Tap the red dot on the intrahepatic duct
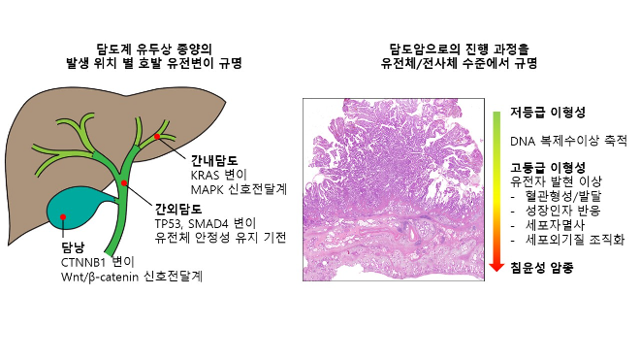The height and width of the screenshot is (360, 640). (x=157, y=140)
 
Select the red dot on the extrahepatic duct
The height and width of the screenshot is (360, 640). (x=123, y=182)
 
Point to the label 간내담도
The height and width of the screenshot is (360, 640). (x=215, y=159)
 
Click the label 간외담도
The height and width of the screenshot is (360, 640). (x=177, y=209)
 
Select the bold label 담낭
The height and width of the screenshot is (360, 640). (x=73, y=247)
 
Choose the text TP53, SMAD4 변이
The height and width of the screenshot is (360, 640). (x=206, y=223)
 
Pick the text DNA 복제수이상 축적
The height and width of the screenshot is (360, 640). (x=568, y=141)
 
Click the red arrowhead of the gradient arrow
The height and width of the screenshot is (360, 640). (x=496, y=262)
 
